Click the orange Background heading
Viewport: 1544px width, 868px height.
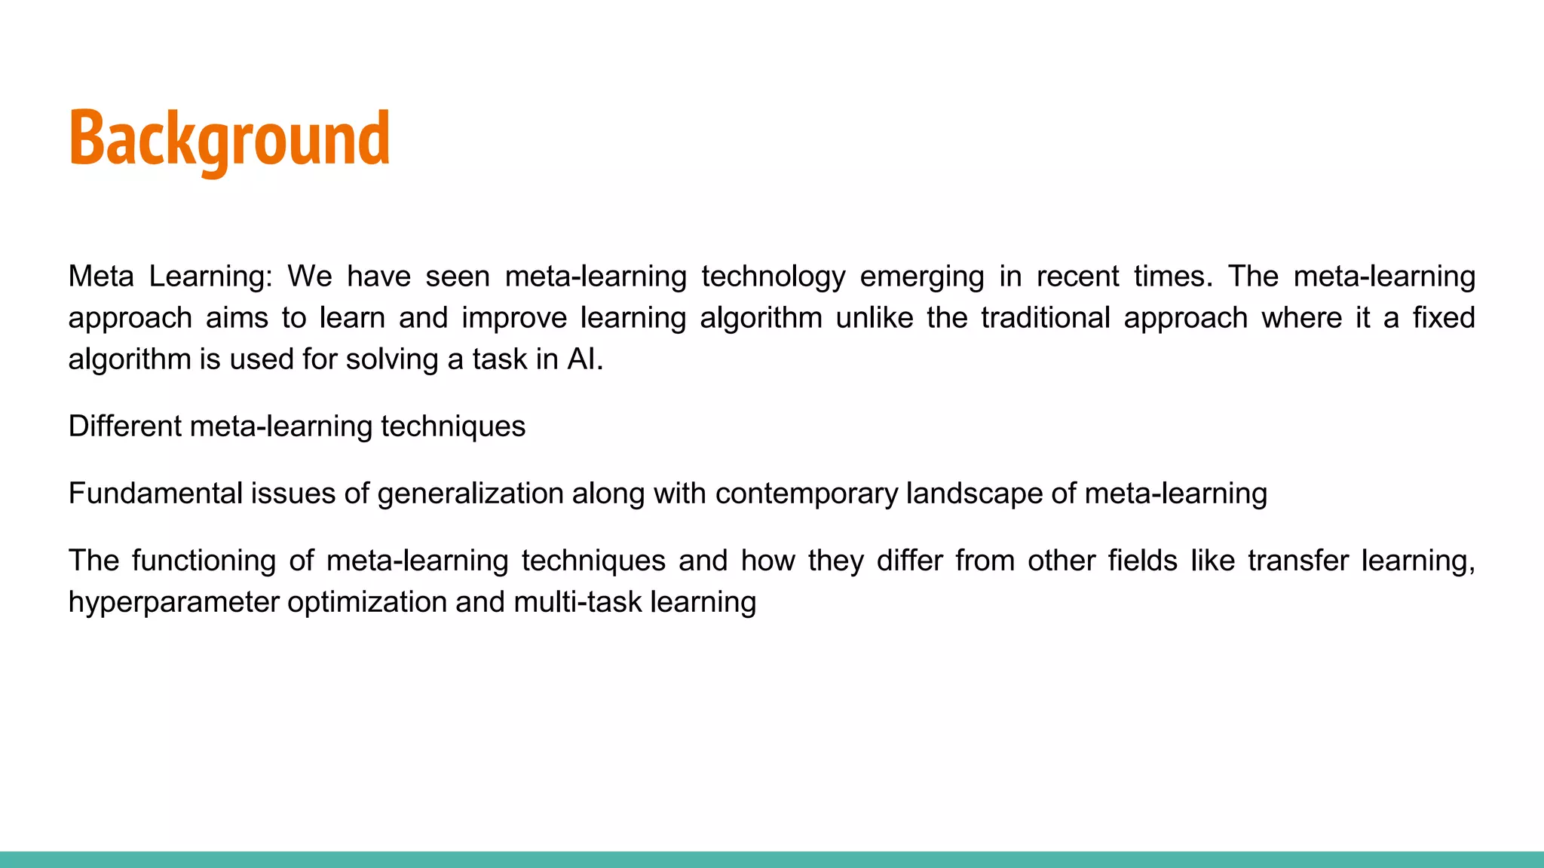(229, 139)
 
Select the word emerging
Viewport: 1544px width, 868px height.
(921, 277)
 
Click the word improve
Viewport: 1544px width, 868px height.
(513, 319)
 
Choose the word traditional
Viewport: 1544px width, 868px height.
(1045, 318)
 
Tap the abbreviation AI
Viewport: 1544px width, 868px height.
(581, 359)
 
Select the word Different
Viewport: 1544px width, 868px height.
(124, 426)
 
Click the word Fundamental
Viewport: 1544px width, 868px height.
(155, 494)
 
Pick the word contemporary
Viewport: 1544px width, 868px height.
(806, 494)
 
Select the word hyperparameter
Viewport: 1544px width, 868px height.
(173, 603)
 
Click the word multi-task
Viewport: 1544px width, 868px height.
(577, 602)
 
